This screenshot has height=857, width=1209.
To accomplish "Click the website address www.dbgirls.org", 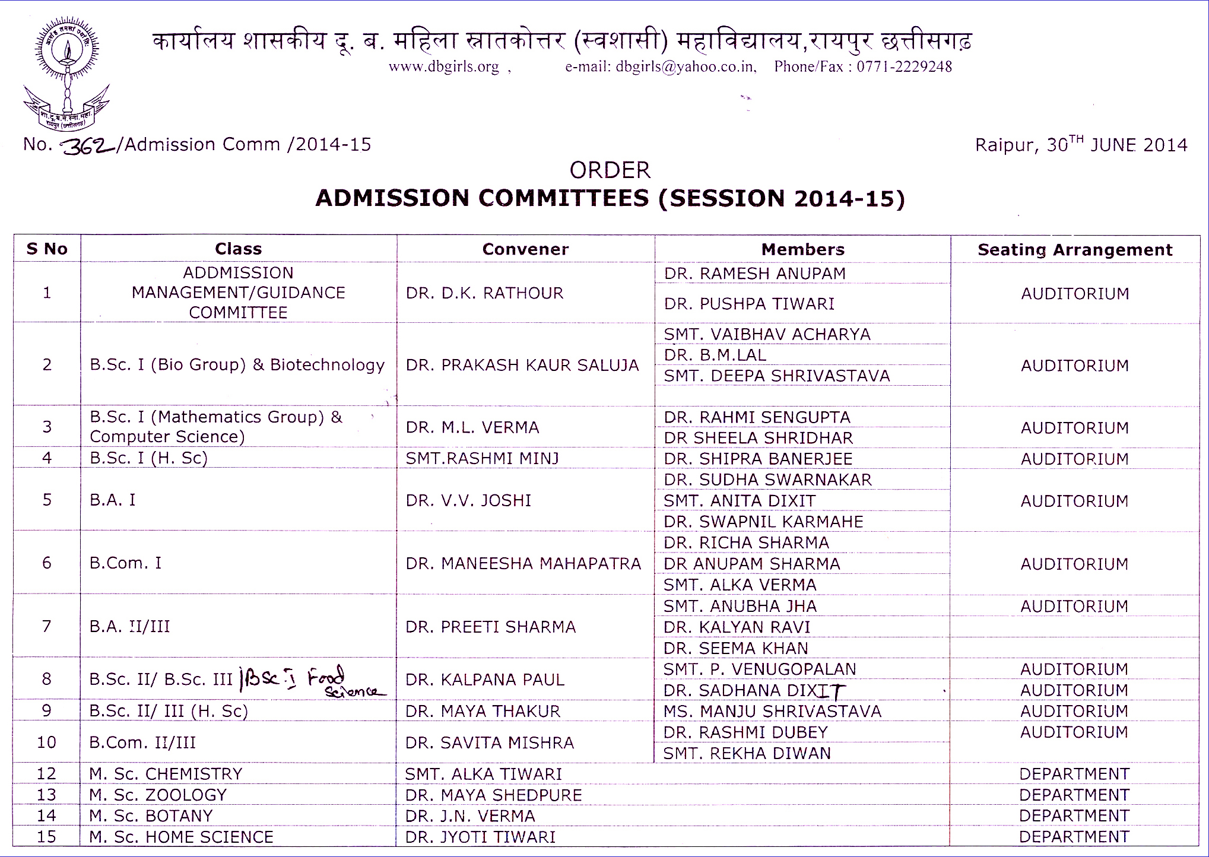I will pyautogui.click(x=444, y=66).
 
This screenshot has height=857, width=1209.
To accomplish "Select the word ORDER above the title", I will pyautogui.click(x=610, y=170).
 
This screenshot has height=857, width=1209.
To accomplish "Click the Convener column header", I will pyautogui.click(x=525, y=249).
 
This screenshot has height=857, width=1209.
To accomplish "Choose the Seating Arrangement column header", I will pyautogui.click(x=1075, y=250).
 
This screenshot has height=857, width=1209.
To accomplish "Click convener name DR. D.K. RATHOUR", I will pyautogui.click(x=484, y=293).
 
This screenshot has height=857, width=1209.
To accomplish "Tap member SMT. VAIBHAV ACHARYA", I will pyautogui.click(x=767, y=335).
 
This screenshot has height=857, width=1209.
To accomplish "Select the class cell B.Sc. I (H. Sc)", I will pyautogui.click(x=148, y=458).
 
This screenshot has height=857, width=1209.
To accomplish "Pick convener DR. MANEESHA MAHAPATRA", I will pyautogui.click(x=523, y=564).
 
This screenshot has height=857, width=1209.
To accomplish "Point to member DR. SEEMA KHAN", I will pyautogui.click(x=736, y=648).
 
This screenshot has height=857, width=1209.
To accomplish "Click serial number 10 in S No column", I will pyautogui.click(x=46, y=742).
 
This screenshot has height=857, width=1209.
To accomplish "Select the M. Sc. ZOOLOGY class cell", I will pyautogui.click(x=158, y=795).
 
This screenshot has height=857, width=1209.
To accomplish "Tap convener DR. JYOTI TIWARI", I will pyautogui.click(x=480, y=837).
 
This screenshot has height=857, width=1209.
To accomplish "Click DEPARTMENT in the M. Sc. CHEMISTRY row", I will pyautogui.click(x=1074, y=775).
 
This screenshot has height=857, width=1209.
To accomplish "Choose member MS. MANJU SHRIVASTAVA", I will pyautogui.click(x=772, y=712).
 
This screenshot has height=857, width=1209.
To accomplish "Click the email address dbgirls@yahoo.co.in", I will pyautogui.click(x=686, y=66).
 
